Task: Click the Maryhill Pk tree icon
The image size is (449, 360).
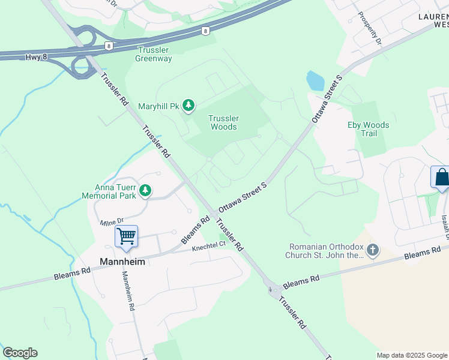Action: (x=189, y=107)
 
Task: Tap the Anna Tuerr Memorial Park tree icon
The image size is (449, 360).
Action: (x=145, y=191)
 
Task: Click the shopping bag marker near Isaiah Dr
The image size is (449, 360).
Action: (x=441, y=178)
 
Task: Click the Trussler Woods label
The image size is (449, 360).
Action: (x=223, y=122)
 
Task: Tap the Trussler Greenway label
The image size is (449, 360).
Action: (x=154, y=54)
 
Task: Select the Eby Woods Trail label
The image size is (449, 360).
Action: (x=369, y=129)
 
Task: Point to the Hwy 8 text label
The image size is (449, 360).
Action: (x=35, y=57)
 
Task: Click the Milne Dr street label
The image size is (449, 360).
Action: (x=112, y=223)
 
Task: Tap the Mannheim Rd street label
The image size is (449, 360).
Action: (x=127, y=291)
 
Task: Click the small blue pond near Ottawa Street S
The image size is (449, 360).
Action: (x=316, y=81)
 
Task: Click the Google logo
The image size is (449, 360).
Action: (x=20, y=353)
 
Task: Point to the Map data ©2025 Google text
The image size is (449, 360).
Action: (x=412, y=355)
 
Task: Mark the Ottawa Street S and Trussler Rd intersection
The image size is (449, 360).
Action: (x=214, y=215)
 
